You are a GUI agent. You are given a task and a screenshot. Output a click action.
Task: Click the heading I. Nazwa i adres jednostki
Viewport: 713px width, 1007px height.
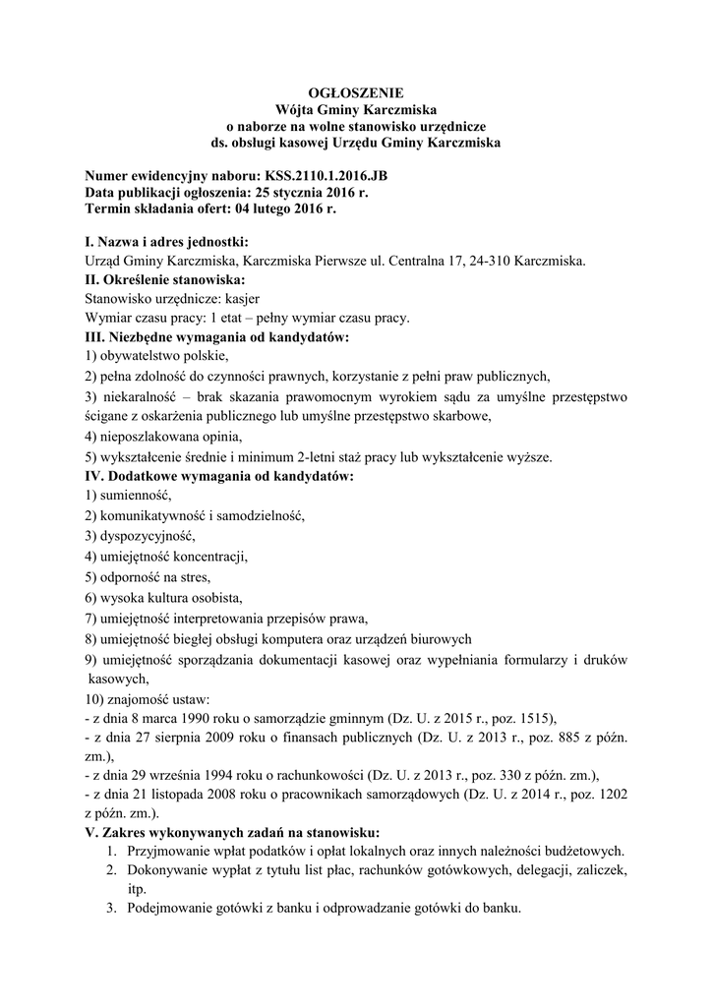(167, 242)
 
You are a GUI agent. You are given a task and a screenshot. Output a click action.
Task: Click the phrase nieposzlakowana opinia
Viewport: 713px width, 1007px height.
(167, 435)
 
